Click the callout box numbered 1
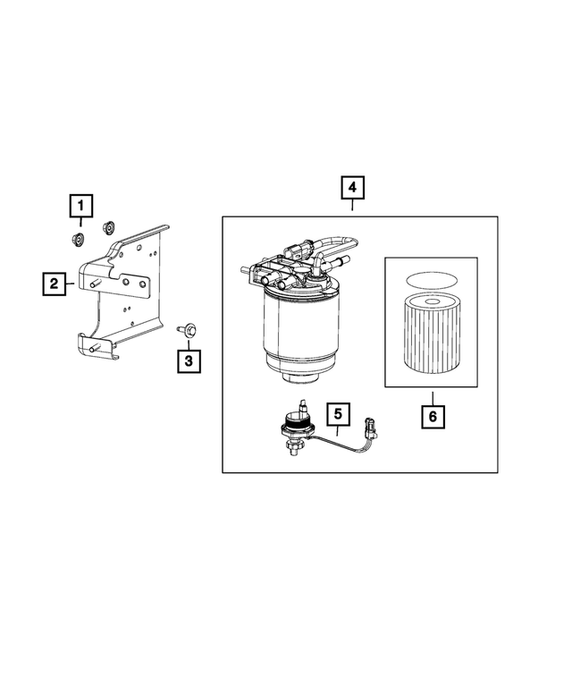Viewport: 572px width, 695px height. point(80,208)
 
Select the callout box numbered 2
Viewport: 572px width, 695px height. point(55,284)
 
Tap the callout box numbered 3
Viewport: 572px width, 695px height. point(189,360)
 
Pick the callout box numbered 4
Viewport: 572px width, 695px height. point(353,188)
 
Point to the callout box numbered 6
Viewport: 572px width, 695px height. point(433,416)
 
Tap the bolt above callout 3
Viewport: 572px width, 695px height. point(188,330)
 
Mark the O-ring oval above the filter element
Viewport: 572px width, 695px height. point(432,280)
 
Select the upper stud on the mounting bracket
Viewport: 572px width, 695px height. point(93,284)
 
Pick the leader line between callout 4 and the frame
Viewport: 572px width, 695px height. point(353,208)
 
